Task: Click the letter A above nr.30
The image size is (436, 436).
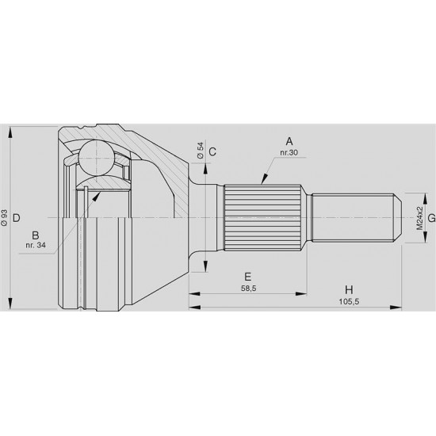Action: pyautogui.click(x=289, y=142)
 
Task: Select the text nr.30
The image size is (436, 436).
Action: pyautogui.click(x=289, y=153)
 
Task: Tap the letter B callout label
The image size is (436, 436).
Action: pyautogui.click(x=36, y=235)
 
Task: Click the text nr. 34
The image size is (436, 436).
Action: pyautogui.click(x=36, y=245)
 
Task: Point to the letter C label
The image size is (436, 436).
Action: pyautogui.click(x=212, y=152)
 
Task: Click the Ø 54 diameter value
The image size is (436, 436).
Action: pyautogui.click(x=201, y=151)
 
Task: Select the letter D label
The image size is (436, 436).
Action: pyautogui.click(x=17, y=218)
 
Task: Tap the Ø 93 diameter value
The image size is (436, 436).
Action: pyautogui.click(x=4, y=218)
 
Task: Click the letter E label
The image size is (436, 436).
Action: pyautogui.click(x=248, y=277)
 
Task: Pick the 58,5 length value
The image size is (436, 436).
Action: pyautogui.click(x=249, y=289)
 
